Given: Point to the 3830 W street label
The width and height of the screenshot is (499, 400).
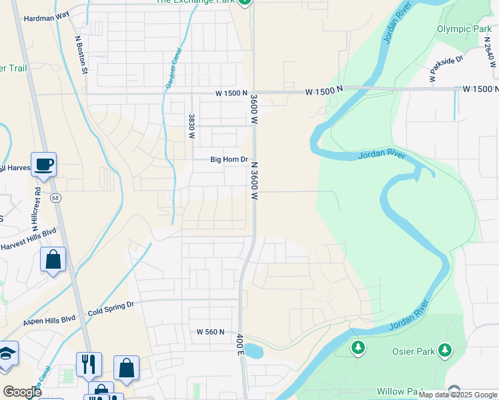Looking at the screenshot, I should click(191, 127).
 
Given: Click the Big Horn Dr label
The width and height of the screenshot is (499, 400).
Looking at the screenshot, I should click(229, 160).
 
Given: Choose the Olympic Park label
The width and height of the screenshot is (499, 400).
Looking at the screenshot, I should click(464, 29).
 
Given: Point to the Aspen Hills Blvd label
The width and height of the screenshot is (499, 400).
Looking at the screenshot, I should click(50, 321).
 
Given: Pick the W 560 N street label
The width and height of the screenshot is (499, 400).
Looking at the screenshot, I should click(211, 332).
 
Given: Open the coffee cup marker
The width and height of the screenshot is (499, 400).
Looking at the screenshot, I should click(43, 164).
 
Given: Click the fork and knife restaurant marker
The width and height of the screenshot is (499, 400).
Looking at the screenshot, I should click(89, 364).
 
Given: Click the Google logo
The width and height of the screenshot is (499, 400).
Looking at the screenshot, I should click(22, 392).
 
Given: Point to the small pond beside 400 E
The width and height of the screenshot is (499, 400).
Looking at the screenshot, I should click(254, 350).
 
